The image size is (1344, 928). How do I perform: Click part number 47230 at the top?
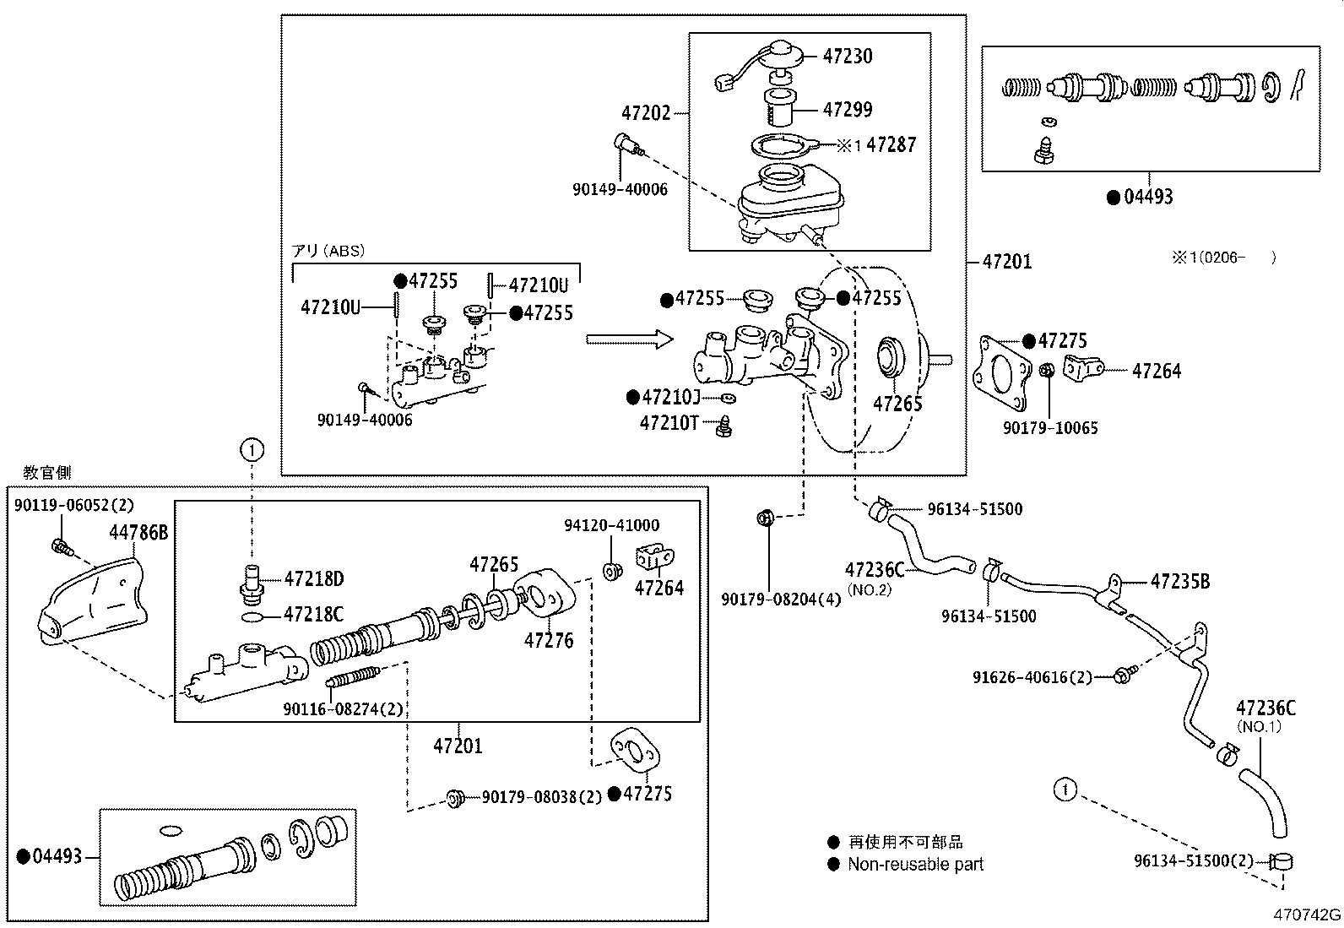pyautogui.click(x=848, y=57)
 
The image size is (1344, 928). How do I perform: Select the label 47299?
pyautogui.click(x=848, y=110)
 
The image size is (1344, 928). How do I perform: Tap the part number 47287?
pyautogui.click(x=891, y=145)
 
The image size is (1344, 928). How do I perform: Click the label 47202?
pyautogui.click(x=646, y=113)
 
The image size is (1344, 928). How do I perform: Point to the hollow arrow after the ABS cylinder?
pyautogui.click(x=630, y=339)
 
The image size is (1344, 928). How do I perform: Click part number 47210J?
pyautogui.click(x=670, y=397)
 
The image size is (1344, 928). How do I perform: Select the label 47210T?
pyautogui.click(x=669, y=423)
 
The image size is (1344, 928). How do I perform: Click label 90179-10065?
pyautogui.click(x=1050, y=428)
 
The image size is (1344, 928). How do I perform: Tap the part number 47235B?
pyautogui.click(x=1179, y=582)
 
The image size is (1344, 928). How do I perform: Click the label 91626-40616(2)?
pyautogui.click(x=1032, y=676)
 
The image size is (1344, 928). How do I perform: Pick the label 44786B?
pyautogui.click(x=138, y=533)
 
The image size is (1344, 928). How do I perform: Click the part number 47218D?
pyautogui.click(x=313, y=579)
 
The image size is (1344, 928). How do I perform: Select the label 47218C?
pyautogui.click(x=313, y=615)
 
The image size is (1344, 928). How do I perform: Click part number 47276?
pyautogui.click(x=548, y=641)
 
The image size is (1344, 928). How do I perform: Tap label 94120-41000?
pyautogui.click(x=611, y=526)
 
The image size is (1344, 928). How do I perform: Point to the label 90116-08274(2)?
pyautogui.click(x=343, y=710)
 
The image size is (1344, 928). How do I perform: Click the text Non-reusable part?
pyautogui.click(x=915, y=864)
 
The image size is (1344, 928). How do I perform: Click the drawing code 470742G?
pyautogui.click(x=1307, y=914)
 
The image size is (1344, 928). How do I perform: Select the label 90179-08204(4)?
pyautogui.click(x=781, y=600)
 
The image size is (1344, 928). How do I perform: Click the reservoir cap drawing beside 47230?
pyautogui.click(x=781, y=57)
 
